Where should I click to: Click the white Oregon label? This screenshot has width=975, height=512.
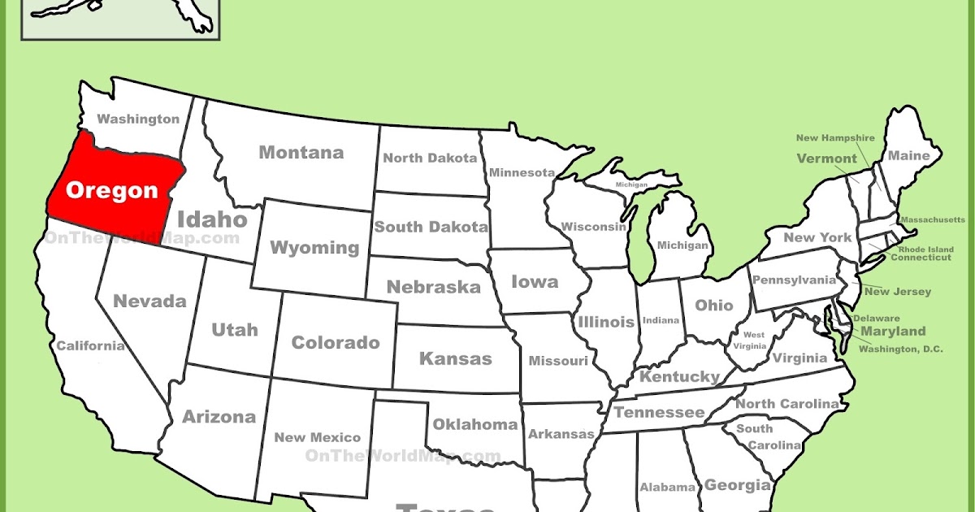111,190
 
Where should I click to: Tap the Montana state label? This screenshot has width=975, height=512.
301,153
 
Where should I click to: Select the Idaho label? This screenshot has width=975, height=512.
212,219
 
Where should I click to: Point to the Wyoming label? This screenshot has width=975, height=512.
314,248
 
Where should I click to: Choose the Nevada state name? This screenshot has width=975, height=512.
149,302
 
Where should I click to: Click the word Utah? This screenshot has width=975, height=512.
235,329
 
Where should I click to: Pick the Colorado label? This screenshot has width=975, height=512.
336,343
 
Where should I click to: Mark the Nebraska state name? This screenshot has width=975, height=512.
433,287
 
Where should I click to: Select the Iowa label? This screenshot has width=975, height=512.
535,282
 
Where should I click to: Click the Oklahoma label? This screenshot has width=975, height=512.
474,424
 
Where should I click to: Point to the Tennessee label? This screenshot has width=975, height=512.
659,413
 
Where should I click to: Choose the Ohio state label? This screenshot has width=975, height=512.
714,306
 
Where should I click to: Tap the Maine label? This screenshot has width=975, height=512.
908,155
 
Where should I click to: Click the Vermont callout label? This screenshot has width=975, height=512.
826,158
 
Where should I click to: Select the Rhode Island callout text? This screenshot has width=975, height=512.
925,249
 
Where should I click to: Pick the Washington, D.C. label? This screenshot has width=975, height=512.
901,349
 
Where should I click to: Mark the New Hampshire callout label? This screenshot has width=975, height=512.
834,138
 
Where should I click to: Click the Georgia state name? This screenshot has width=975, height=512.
737,485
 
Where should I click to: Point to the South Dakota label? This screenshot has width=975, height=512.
431,228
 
